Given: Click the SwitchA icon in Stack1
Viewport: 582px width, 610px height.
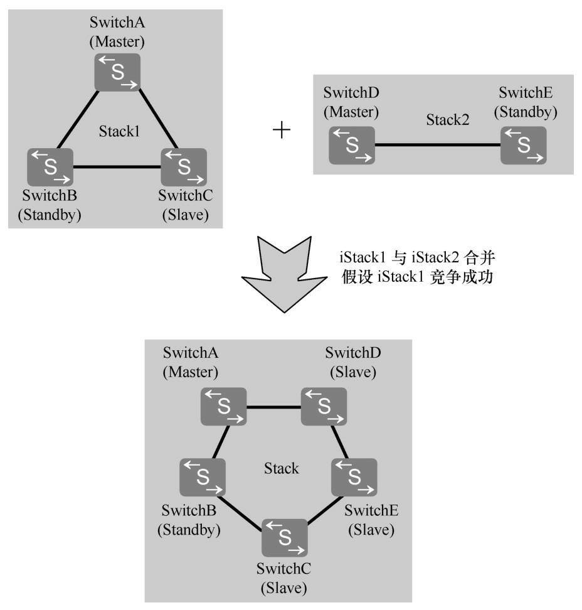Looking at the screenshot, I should tap(117, 72).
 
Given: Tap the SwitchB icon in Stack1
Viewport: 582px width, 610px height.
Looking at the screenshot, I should tap(50, 166).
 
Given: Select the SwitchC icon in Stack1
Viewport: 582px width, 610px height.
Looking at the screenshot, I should tap(184, 166).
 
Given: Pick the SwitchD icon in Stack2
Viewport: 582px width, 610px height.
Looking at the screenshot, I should tap(352, 146).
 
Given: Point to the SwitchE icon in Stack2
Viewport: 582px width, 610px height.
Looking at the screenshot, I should tap(523, 146).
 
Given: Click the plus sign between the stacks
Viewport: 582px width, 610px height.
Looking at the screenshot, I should tap(282, 131).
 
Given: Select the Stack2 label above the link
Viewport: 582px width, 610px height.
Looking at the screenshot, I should tap(448, 119).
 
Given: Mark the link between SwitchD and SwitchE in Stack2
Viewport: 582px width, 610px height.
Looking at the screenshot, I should tap(437, 146).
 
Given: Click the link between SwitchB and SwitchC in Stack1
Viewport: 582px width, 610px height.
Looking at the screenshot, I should tap(117, 168).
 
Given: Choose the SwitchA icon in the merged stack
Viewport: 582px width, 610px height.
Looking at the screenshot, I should tap(223, 405).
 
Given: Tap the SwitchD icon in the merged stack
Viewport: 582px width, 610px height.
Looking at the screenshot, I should tap(324, 405).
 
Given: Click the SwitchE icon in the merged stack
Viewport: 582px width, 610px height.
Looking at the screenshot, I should tap(354, 477).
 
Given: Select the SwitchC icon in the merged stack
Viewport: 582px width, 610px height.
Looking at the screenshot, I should tap(285, 537).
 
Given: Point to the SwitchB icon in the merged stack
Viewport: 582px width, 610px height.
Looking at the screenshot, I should tap(203, 477).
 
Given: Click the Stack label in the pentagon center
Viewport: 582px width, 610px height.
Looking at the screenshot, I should tap(281, 468).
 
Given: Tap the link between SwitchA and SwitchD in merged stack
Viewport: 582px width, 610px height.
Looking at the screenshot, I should tap(273, 407).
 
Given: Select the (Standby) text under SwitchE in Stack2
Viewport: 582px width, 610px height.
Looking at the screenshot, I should tap(525, 112).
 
